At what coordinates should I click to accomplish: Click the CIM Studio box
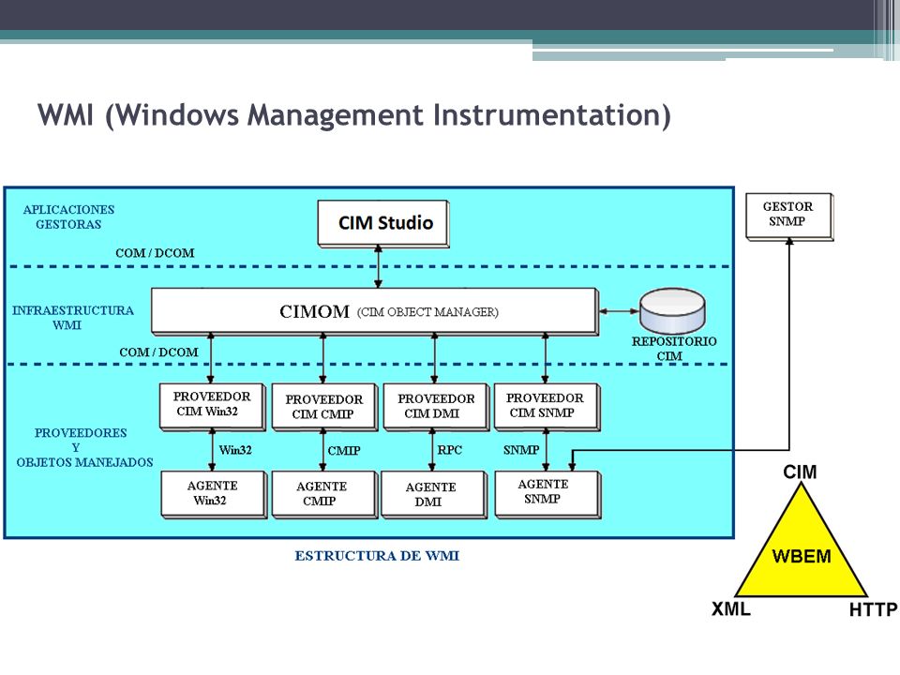pos(383,224)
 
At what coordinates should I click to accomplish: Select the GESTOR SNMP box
pos(789,216)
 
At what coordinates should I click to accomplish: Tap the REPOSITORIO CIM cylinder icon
pos(673,310)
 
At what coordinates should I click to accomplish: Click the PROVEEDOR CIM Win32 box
pos(213,406)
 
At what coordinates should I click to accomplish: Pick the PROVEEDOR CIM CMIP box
pos(324,407)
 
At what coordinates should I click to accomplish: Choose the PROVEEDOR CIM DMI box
pos(436,406)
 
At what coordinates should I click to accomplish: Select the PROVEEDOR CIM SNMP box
pos(547,406)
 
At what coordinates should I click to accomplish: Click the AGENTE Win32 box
pos(214,494)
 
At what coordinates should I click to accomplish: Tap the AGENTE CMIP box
pos(324,494)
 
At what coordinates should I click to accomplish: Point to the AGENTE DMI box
pos(434,494)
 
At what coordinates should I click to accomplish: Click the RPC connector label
pos(449,450)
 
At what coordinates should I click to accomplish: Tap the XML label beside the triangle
pos(730,608)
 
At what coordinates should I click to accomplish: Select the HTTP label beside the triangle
pos(873,609)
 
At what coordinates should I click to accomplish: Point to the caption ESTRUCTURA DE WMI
pos(377,556)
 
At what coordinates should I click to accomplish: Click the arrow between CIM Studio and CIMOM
pos(378,266)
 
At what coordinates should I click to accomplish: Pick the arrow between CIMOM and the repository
pos(619,311)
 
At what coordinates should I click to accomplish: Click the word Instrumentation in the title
pos(551,114)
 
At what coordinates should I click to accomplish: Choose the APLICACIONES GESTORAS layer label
pos(68,217)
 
